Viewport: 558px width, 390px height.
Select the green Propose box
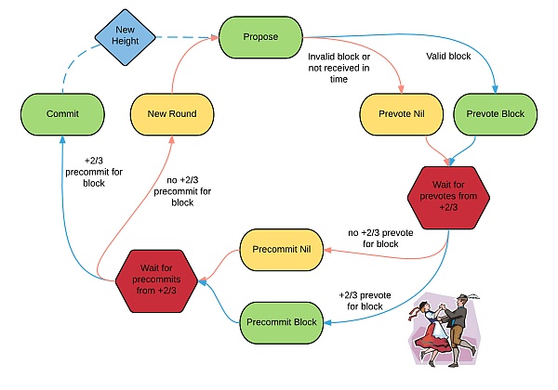(x=261, y=37)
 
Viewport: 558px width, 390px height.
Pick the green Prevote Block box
(x=495, y=113)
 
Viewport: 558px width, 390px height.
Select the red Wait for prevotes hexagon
(x=448, y=196)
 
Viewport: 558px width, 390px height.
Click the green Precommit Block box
(x=282, y=322)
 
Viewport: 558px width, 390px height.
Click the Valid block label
(x=447, y=57)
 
